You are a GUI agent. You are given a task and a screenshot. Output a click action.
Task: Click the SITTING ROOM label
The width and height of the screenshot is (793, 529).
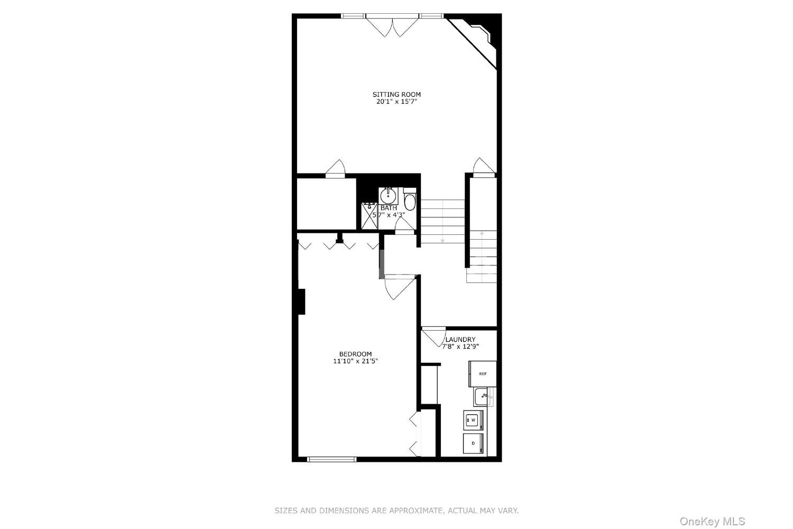pyautogui.click(x=396, y=94)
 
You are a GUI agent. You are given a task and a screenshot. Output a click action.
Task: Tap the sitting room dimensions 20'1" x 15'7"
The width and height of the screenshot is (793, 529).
pyautogui.click(x=396, y=102)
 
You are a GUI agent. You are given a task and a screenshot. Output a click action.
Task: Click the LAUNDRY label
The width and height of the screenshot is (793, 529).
pyautogui.click(x=460, y=339)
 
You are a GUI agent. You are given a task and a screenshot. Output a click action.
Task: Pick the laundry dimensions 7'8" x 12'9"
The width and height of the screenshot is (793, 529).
pyautogui.click(x=460, y=346)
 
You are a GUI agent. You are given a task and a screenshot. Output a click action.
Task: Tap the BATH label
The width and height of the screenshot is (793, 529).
pyautogui.click(x=389, y=208)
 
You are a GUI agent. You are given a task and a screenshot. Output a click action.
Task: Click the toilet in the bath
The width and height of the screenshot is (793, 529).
pyautogui.click(x=410, y=199)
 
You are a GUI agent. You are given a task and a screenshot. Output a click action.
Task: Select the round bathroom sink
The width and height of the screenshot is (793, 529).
pyautogui.click(x=389, y=196)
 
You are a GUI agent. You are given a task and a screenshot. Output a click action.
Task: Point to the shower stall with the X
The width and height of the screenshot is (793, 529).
pyautogui.click(x=370, y=216)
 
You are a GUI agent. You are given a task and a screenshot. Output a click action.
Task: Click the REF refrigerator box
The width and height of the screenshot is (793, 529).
pyautogui.click(x=483, y=374)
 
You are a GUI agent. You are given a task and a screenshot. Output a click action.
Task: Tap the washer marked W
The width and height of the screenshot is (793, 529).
pyautogui.click(x=473, y=420)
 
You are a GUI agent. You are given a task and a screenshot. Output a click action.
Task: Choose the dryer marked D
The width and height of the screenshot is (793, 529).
pyautogui.click(x=473, y=443)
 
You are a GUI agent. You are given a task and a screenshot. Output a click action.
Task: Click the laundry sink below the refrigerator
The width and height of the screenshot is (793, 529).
pyautogui.click(x=484, y=397)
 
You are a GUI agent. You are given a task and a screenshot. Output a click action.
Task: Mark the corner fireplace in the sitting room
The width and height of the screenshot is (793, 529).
pyautogui.click(x=478, y=36)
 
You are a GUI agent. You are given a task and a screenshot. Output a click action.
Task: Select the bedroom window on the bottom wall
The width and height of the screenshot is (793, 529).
pyautogui.click(x=331, y=460)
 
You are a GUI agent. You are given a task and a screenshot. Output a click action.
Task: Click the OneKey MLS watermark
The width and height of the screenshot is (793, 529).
pyautogui.click(x=712, y=522)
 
